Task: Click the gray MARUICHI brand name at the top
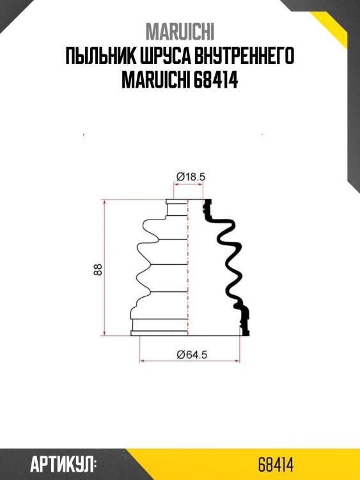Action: (180, 31)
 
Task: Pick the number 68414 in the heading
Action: (215, 83)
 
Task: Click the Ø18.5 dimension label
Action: (189, 176)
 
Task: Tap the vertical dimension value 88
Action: (98, 269)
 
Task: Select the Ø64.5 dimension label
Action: (190, 354)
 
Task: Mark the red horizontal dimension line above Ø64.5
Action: (190, 362)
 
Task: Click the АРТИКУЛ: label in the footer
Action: (63, 464)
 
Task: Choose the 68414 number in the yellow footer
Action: (276, 464)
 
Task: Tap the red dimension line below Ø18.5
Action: (189, 184)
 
